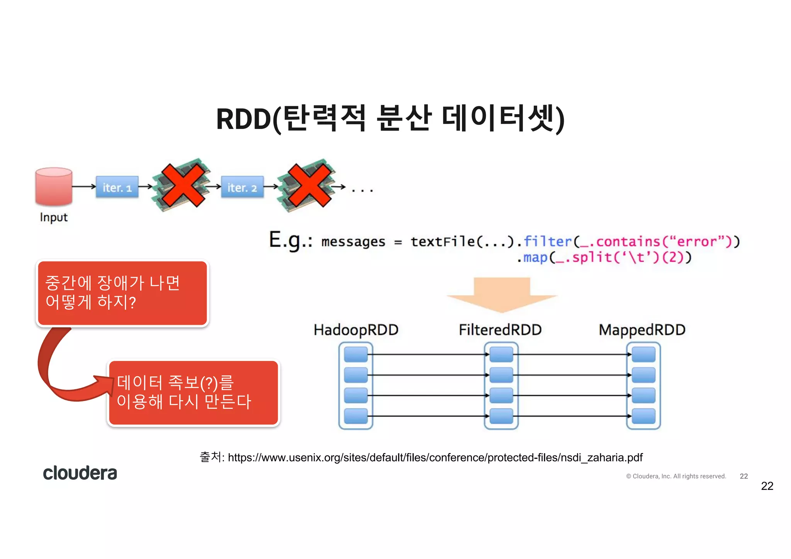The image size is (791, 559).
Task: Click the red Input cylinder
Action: pyautogui.click(x=54, y=186)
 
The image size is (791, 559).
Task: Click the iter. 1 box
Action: pyautogui.click(x=117, y=187)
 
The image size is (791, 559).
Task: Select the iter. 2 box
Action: pyautogui.click(x=242, y=187)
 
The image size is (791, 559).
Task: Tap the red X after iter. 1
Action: pyautogui.click(x=183, y=185)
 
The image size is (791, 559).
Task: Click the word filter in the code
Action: pyautogui.click(x=547, y=241)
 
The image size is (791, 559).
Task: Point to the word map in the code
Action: pyautogui.click(x=535, y=257)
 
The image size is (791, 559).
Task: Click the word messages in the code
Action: pyautogui.click(x=353, y=242)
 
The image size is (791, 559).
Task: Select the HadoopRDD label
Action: pyautogui.click(x=356, y=330)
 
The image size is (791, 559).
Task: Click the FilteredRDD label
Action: pyautogui.click(x=500, y=330)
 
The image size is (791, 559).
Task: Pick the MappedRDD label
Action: pyautogui.click(x=642, y=330)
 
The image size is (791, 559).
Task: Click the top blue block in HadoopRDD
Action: pyautogui.click(x=356, y=354)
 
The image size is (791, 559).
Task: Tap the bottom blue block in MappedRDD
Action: pyautogui.click(x=643, y=416)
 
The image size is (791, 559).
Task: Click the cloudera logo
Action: pyautogui.click(x=80, y=473)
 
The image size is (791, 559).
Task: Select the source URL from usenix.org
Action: pyautogui.click(x=435, y=458)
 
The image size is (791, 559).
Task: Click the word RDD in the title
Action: pyautogui.click(x=243, y=119)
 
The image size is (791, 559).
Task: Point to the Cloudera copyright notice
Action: pyautogui.click(x=676, y=476)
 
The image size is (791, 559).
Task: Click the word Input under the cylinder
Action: pyautogui.click(x=54, y=217)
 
